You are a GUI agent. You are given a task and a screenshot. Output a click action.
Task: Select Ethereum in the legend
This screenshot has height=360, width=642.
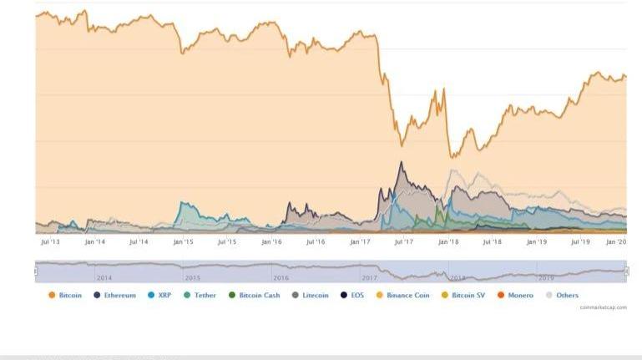114,295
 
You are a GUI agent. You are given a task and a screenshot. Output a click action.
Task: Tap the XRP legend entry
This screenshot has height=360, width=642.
159,295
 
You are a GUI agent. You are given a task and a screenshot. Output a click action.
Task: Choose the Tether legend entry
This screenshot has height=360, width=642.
200,295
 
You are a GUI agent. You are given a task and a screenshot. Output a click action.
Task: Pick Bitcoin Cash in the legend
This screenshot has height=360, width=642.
254,295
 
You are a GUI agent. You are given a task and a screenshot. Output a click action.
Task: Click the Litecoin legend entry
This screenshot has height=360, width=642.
310,295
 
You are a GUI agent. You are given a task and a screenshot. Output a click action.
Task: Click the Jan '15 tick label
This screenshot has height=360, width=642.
183,242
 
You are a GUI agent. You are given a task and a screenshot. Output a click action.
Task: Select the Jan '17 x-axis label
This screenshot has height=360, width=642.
360,242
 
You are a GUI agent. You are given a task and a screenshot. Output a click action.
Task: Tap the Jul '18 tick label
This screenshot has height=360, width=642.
492,242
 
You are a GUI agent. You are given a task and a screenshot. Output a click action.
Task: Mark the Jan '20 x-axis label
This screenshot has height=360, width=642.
616,242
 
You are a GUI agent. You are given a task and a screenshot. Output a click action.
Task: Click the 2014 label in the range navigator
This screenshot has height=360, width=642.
104,276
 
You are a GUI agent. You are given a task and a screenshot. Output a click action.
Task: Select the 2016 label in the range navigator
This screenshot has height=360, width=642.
281,276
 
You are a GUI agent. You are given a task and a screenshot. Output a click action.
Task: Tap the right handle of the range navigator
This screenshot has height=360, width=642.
627,271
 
